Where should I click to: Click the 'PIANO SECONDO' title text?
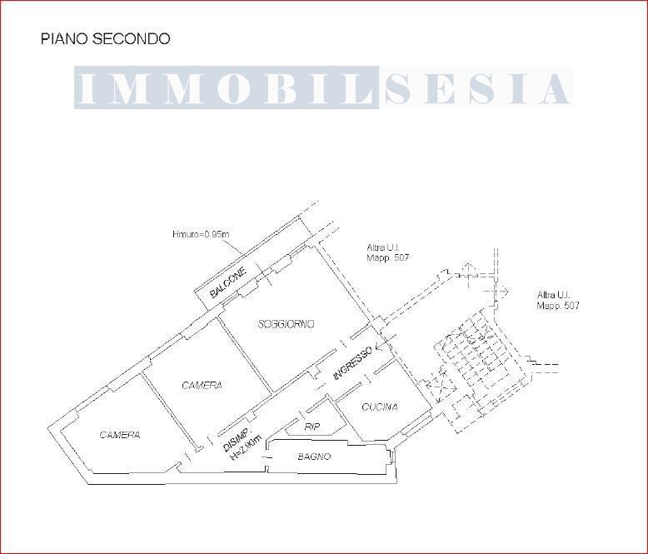pos(105,39)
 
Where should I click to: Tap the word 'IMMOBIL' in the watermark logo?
pos(227,88)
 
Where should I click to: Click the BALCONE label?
pos(227,283)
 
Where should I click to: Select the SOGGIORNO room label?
pos(286,324)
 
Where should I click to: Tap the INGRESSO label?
pos(352,363)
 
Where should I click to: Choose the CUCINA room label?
pos(379,407)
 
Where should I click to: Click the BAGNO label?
pos(314,457)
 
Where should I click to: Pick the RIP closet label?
pos(312,427)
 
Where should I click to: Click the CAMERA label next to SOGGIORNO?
pos(202,386)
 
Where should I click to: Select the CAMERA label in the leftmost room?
pos(120,435)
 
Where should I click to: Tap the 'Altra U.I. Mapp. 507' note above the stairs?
pos(387,252)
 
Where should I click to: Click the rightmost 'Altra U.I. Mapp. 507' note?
pos(558,301)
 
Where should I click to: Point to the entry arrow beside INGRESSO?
pos(381,344)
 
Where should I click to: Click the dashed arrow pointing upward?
pos(466,269)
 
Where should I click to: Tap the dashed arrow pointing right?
pos(501,290)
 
